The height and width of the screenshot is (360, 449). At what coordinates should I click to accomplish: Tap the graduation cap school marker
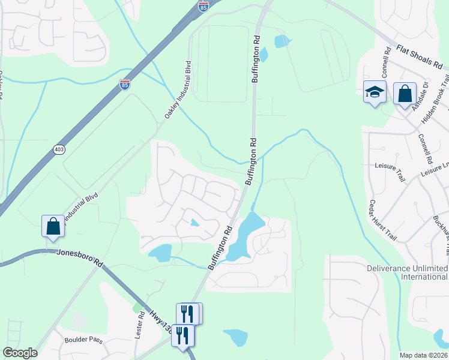point(375,93)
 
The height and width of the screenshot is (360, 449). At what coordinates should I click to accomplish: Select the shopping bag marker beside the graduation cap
point(405,94)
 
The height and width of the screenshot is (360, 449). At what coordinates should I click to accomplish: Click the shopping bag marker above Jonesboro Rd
point(53,226)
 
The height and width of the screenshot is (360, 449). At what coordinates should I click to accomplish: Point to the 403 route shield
point(58,149)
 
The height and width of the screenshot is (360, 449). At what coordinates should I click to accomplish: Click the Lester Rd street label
point(139,323)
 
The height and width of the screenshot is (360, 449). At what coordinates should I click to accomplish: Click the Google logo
point(19,353)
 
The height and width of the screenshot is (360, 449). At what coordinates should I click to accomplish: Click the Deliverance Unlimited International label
point(408,272)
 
